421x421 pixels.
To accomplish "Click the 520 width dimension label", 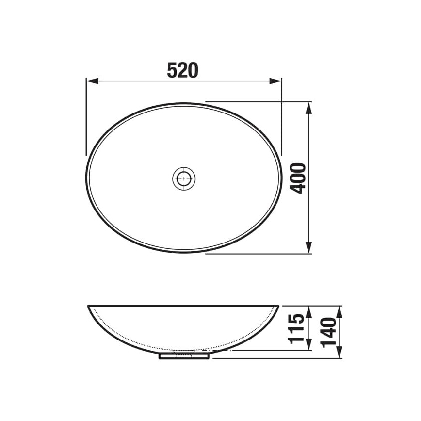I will click(183, 71).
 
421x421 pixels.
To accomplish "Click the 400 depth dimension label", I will click(299, 178).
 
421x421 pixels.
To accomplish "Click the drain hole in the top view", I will click(184, 178).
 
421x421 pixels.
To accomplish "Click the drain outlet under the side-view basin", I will click(184, 356).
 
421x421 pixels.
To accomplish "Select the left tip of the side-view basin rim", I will click(89, 307).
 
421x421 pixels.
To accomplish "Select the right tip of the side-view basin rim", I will click(279, 307).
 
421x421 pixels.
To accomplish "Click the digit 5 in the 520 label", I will click(172, 71).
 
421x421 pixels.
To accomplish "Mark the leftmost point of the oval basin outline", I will click(87, 178).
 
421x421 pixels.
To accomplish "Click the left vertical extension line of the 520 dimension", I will click(86, 116).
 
